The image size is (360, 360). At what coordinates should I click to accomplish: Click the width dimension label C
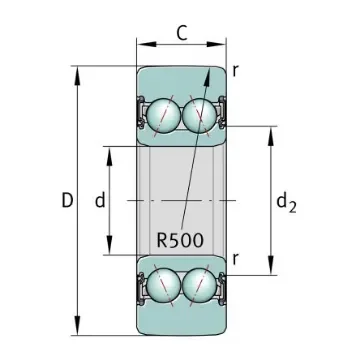click(181, 32)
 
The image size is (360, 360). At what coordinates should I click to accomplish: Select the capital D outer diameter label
click(66, 201)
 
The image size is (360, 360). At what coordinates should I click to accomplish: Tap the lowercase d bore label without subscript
click(100, 201)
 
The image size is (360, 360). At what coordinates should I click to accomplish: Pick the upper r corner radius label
click(236, 70)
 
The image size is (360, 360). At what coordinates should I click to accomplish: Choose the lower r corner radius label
click(236, 259)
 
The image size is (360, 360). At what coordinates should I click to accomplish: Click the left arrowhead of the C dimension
click(141, 45)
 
